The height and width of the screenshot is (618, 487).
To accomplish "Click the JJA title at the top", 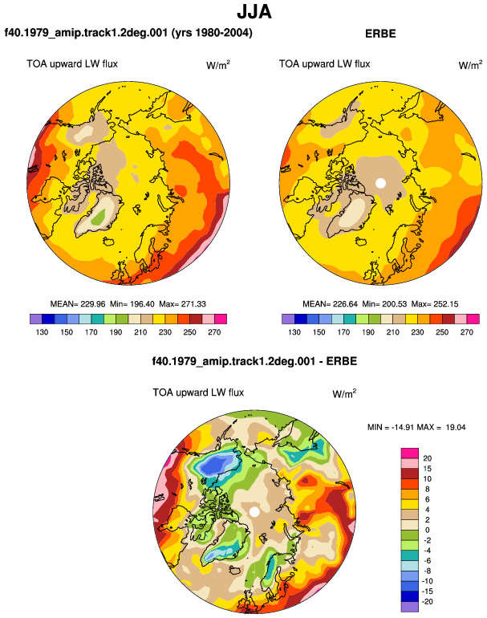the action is (x=254, y=12).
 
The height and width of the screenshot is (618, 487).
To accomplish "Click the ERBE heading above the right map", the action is (x=380, y=34).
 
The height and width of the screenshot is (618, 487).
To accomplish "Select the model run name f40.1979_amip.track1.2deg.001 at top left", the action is (x=87, y=32).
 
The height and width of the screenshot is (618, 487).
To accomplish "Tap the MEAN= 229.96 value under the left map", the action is (x=78, y=304).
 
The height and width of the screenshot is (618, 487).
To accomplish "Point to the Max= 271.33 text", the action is (x=182, y=304).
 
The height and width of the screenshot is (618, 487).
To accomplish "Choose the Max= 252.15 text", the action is (x=435, y=304).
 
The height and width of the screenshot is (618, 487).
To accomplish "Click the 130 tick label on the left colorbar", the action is (x=42, y=332).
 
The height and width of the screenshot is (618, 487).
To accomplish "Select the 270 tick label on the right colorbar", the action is (x=466, y=332).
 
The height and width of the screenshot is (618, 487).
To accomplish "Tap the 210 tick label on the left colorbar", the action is (x=140, y=332).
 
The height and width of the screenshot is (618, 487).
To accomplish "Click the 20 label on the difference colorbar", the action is (x=427, y=458).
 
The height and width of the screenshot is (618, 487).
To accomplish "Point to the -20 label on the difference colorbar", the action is (x=427, y=602).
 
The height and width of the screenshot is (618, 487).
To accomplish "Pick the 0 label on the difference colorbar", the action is (x=428, y=530).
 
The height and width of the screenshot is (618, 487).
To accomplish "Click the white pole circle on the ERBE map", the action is (x=380, y=183).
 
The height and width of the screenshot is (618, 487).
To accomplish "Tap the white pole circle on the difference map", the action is (x=254, y=512).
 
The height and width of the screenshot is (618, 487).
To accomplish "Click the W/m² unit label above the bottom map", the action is (x=344, y=393).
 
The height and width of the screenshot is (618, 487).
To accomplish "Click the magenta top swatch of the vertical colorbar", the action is (x=410, y=453).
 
